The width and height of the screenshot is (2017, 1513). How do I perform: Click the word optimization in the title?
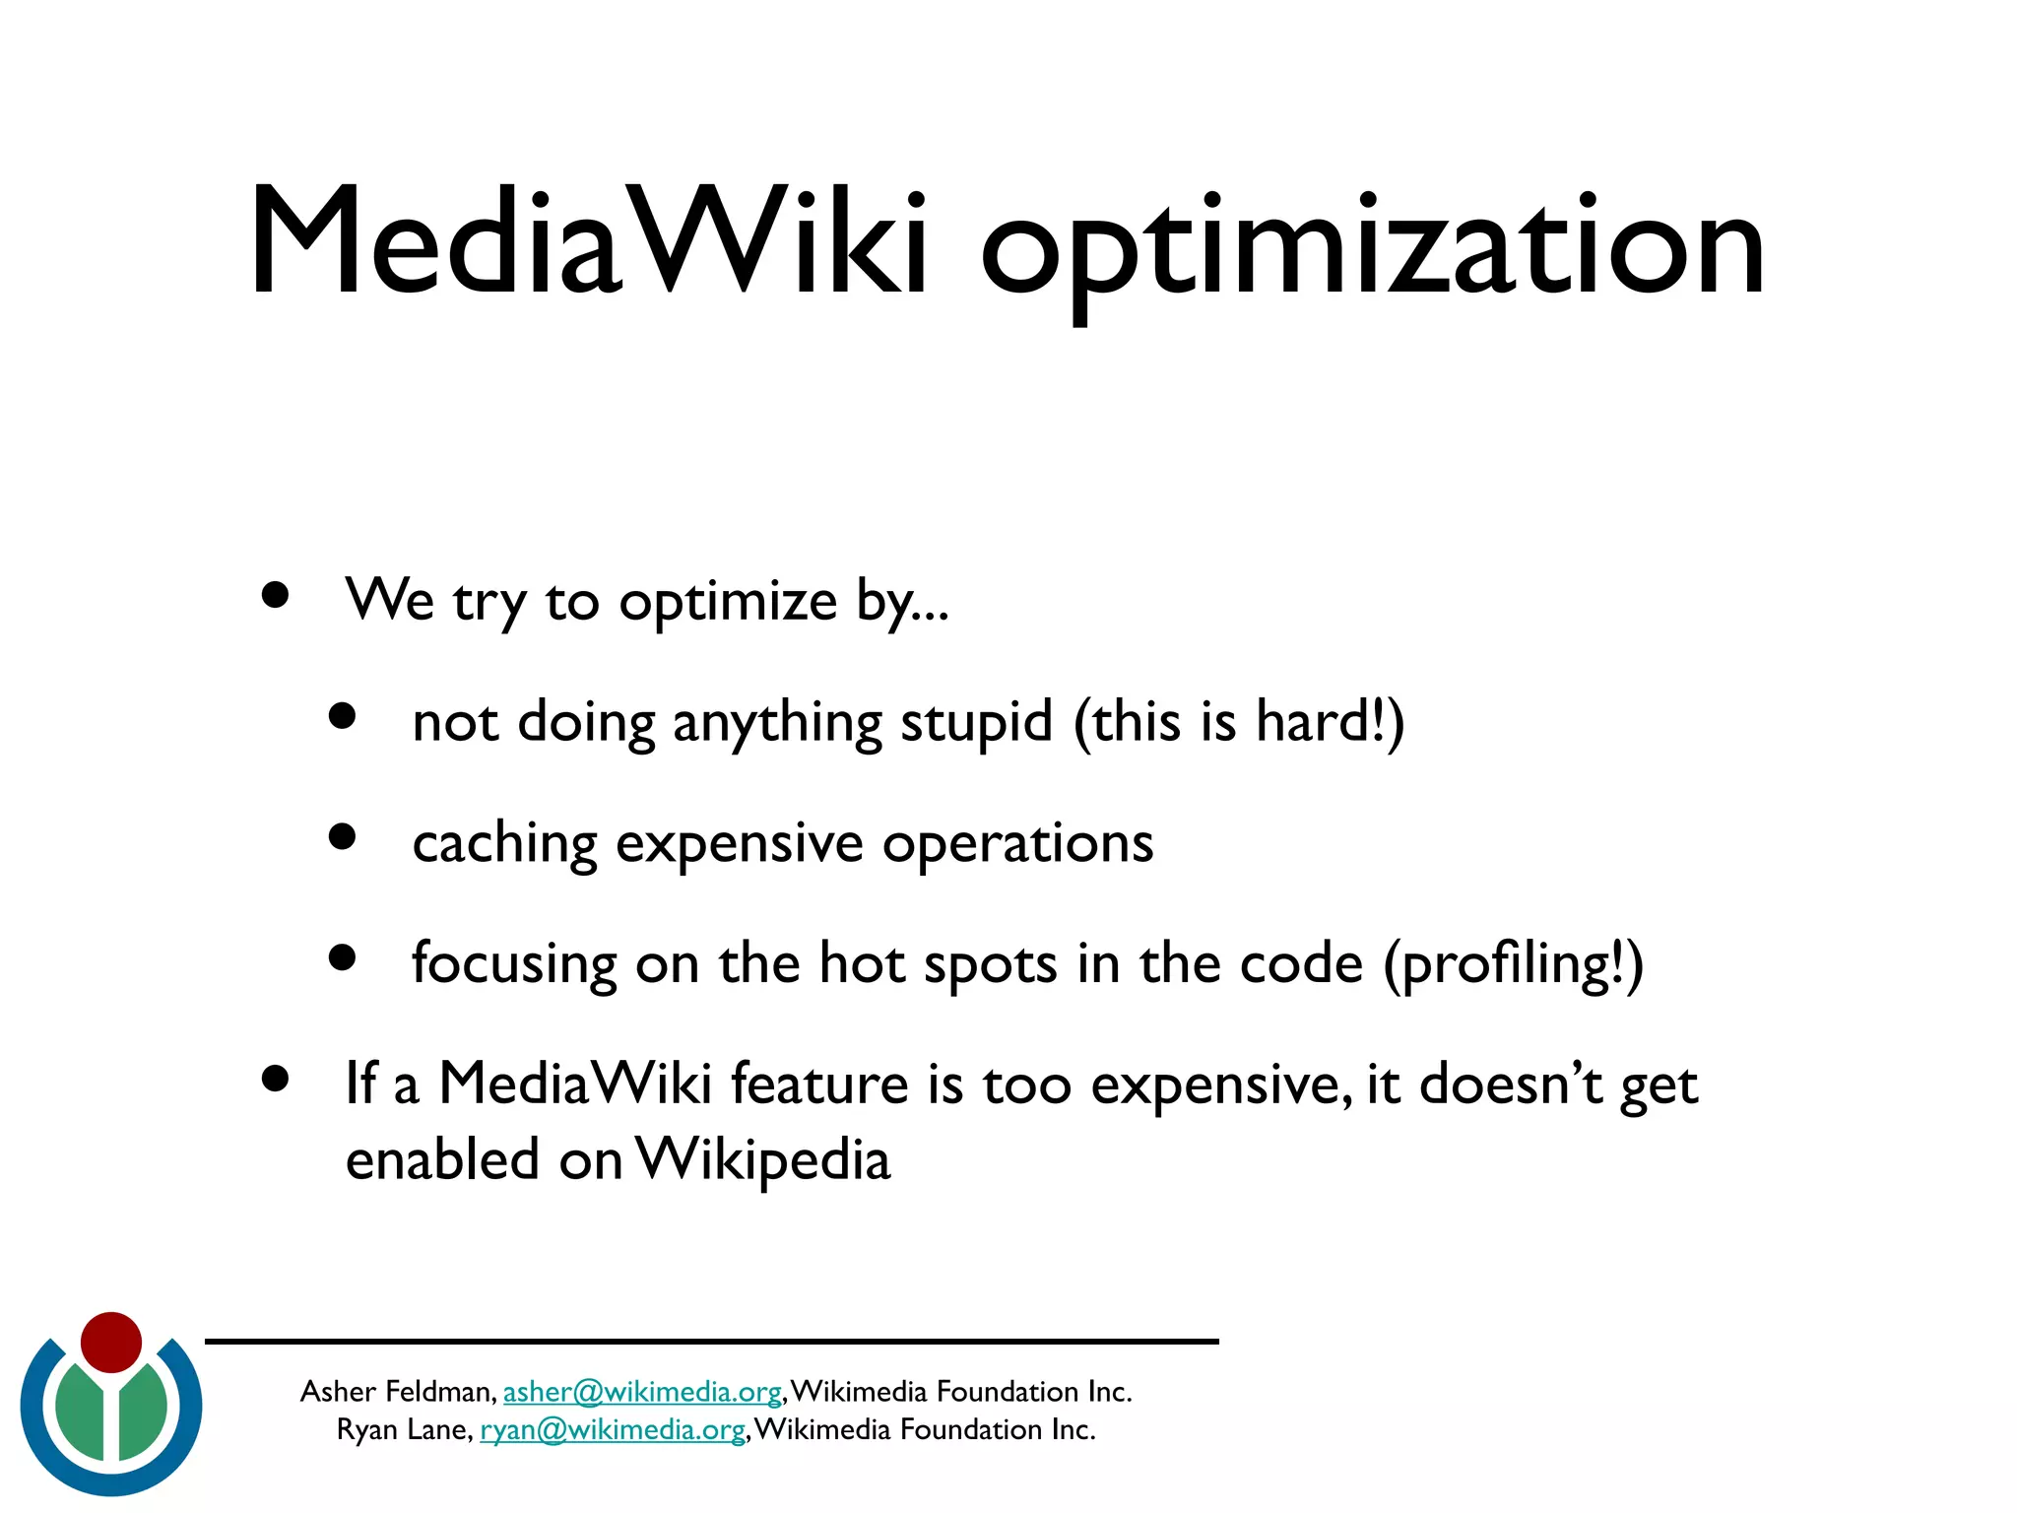coord(1372,246)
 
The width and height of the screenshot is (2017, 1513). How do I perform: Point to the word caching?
coord(504,844)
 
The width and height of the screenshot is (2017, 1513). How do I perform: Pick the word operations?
coord(1017,844)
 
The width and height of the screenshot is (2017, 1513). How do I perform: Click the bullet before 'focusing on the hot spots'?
coord(342,957)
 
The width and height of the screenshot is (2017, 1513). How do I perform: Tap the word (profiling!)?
coord(1514,964)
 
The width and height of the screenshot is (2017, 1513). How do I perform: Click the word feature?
coord(818,1085)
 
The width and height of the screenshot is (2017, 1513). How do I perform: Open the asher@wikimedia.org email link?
coord(642,1392)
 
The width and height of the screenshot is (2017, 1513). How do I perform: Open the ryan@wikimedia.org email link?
coord(612,1430)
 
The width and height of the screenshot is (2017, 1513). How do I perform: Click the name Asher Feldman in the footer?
coord(396,1392)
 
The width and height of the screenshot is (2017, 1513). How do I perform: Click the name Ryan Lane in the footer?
coord(404,1430)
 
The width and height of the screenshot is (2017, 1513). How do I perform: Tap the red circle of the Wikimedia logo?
coord(111,1342)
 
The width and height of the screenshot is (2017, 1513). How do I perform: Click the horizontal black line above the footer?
coord(711,1342)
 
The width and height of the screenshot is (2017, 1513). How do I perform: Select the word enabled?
coord(442,1159)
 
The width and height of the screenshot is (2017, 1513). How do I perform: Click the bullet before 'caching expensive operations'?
coord(342,837)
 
